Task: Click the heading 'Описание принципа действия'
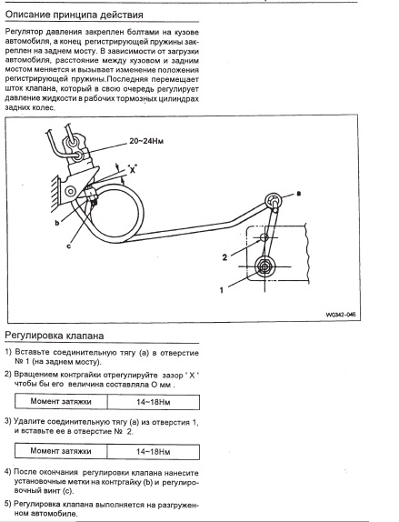(75, 15)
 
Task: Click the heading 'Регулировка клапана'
(55, 336)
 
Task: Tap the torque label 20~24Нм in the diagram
(146, 141)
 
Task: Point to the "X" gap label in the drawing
(133, 169)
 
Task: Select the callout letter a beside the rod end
(298, 193)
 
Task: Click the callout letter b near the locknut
(57, 223)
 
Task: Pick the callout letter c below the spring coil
(68, 246)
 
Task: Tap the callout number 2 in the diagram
(224, 257)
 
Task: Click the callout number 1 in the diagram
(222, 290)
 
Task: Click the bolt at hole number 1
(264, 266)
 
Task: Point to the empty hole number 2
(264, 237)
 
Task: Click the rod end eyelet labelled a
(274, 201)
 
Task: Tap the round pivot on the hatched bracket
(71, 191)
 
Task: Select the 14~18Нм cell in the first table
(154, 402)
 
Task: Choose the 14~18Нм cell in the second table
(154, 451)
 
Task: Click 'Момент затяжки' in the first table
(61, 401)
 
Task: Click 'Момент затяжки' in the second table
(61, 451)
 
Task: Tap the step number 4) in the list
(8, 472)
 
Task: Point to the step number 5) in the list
(8, 504)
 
